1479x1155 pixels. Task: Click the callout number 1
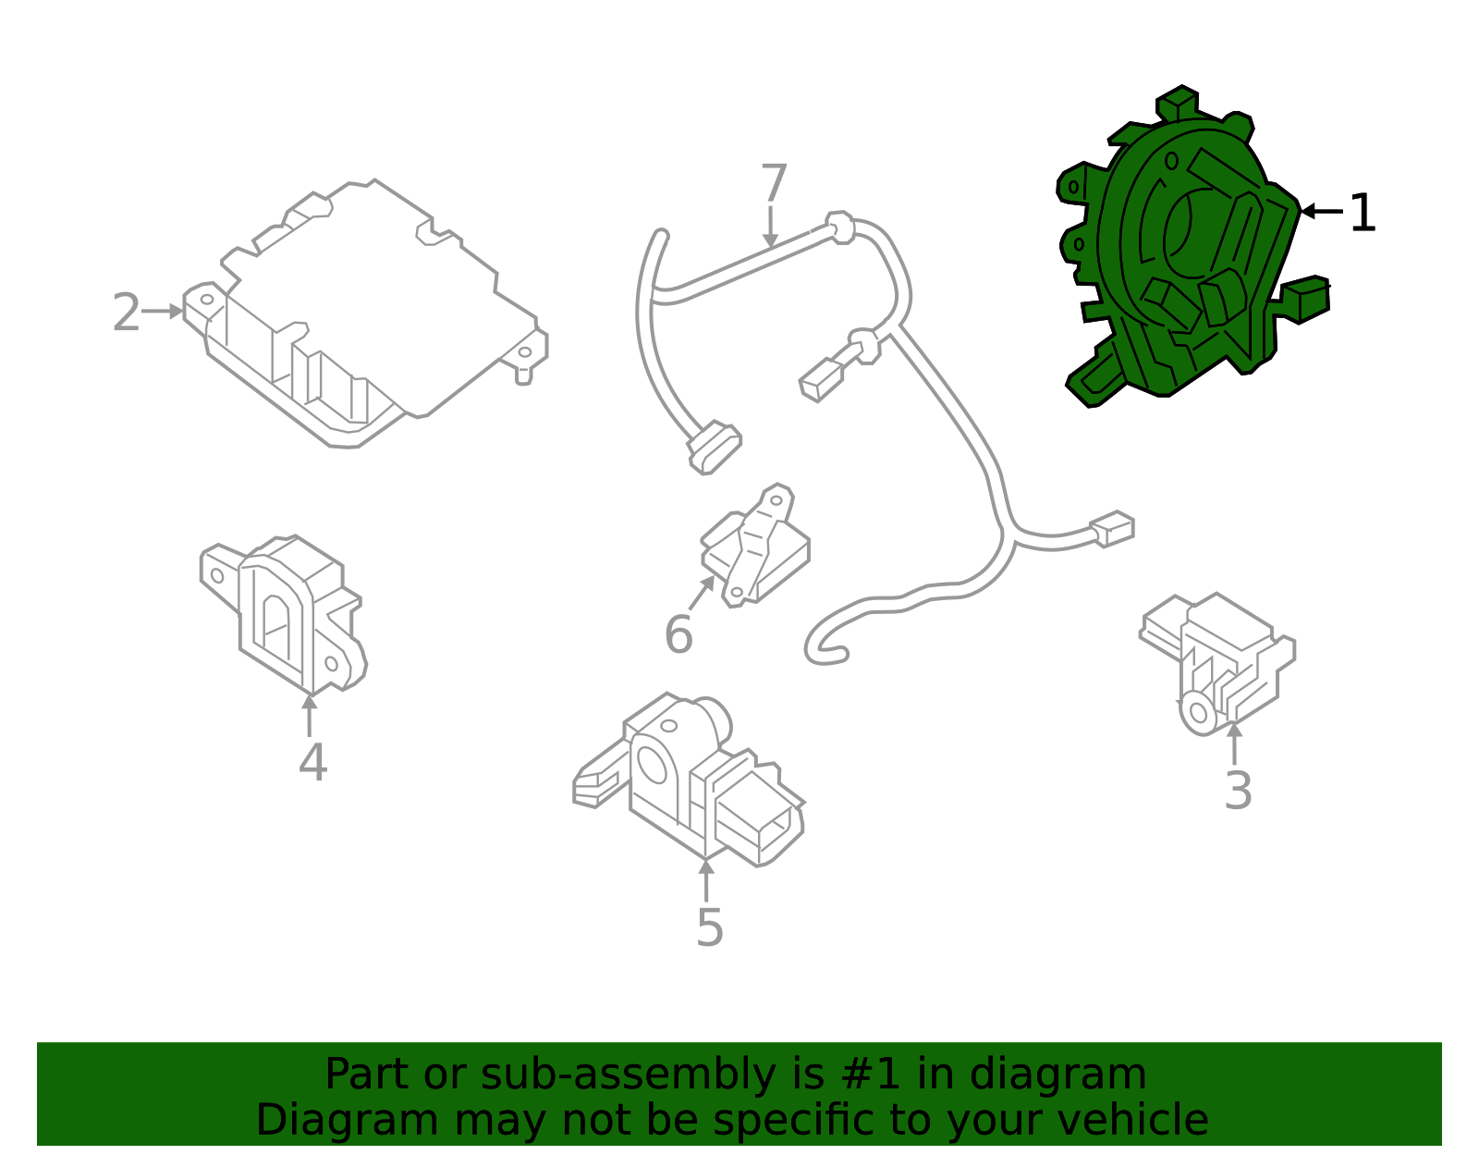1363,213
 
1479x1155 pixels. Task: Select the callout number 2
127,313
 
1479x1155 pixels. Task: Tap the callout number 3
1238,791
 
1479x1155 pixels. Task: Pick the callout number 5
709,927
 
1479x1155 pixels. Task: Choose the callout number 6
678,634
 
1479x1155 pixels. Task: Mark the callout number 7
774,182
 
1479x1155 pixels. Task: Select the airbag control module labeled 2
365,313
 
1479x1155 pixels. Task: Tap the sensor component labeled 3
1218,664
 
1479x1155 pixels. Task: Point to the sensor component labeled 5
689,780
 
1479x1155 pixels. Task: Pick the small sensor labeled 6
755,546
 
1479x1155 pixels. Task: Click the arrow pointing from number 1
1321,212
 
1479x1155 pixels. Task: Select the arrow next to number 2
163,311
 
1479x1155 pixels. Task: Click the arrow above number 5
706,880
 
